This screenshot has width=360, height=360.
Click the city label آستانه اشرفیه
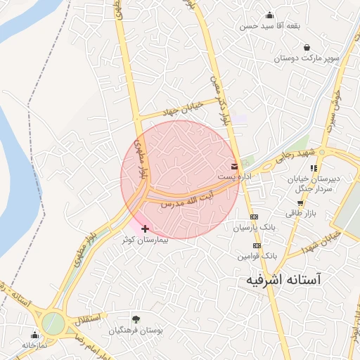pos(283,279)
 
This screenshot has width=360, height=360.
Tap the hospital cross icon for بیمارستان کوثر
pos(145,229)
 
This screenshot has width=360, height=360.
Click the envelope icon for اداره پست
pos(234,167)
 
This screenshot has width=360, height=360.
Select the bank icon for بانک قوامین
pos(257,245)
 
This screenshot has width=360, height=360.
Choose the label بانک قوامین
pos(253,257)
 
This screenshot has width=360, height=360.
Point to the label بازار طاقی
pos(301,213)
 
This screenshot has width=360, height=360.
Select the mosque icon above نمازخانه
pos(35,334)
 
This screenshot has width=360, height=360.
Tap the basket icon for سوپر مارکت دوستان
pos(307,47)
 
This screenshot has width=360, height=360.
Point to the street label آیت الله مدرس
pos(187,198)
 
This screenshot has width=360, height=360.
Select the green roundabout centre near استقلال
pos(53,323)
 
